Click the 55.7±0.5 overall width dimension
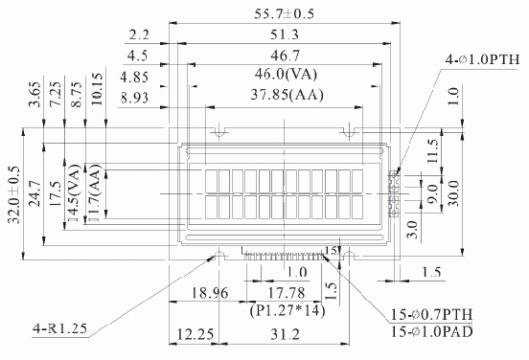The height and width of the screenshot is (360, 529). [284, 13]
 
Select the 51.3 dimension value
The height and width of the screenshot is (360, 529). [285, 34]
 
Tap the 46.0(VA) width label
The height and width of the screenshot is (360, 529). [287, 74]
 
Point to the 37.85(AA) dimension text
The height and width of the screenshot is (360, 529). [287, 95]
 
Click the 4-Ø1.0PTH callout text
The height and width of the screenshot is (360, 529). [482, 59]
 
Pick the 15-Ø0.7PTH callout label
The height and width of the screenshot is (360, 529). [432, 314]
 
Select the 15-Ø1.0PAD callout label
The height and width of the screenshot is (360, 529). [432, 331]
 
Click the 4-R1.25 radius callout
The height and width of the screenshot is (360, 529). [59, 328]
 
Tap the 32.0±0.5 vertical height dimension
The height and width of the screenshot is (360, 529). [14, 194]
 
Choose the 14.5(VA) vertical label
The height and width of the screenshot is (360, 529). [74, 193]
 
